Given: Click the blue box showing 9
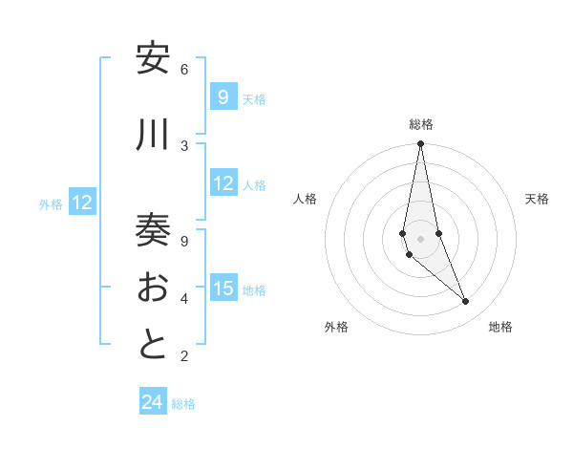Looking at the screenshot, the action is pos(223,96).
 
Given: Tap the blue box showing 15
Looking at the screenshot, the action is pos(223,289).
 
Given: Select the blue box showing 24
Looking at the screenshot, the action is pos(153,402).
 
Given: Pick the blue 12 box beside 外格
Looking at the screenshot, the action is pos(82,203).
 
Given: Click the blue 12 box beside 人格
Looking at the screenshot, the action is pos(223,183).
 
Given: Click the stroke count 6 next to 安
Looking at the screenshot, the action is pos(184,69).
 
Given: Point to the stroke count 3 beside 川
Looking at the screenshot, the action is pos(184,145).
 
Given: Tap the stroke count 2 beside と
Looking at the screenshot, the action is pos(184,356).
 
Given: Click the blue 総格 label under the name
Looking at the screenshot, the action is pos(183,404).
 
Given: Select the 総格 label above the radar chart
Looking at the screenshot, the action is pos(420,124).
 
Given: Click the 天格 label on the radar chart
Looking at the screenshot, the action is pos(538,199).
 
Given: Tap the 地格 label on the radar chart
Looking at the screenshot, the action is pos(500,327).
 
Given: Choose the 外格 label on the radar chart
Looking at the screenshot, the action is pos(336,327).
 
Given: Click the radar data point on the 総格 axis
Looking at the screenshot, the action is pos(420,144).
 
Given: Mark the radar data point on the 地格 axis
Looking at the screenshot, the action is pos(466,302).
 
